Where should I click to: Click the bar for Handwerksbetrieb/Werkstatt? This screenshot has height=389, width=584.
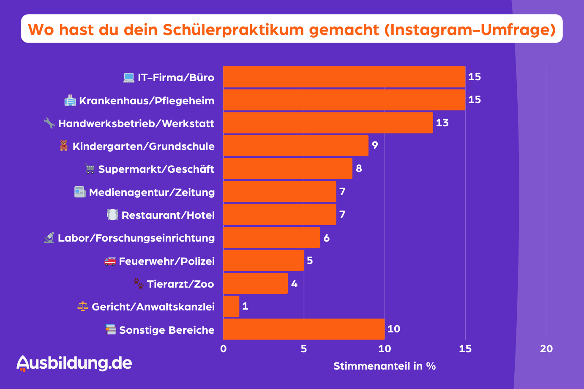[328, 122]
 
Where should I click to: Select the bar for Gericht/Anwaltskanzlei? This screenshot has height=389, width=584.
[231, 306]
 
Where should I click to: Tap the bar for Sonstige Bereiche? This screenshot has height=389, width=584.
[304, 329]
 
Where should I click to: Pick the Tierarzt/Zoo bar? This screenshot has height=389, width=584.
[255, 283]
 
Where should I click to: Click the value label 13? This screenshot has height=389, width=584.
[442, 123]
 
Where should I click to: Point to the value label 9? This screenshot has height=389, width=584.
[375, 145]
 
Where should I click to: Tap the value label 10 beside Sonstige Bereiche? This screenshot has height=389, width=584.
[393, 329]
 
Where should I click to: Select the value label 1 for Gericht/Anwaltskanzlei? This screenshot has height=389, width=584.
[245, 306]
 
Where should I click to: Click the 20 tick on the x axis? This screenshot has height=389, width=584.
[546, 349]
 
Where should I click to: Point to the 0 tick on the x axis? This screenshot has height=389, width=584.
[224, 349]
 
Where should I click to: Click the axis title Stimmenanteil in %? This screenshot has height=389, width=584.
[385, 366]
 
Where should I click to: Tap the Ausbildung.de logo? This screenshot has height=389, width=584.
[74, 363]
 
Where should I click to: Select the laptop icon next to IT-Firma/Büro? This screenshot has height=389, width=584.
[128, 78]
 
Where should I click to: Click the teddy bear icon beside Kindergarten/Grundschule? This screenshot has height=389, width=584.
[64, 146]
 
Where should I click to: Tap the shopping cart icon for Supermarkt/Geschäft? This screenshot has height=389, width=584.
[90, 169]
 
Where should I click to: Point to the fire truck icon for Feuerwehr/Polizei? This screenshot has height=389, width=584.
[110, 261]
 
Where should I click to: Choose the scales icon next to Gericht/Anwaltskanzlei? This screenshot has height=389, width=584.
[83, 307]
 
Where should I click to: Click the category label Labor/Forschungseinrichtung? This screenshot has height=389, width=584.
[136, 238]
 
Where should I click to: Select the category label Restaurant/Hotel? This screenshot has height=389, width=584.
[168, 215]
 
